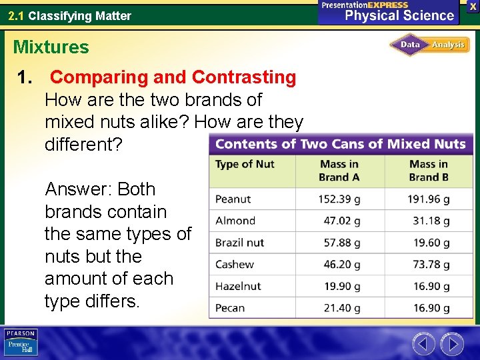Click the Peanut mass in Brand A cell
[338, 199]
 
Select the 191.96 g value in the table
[428, 199]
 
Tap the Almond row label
[235, 221]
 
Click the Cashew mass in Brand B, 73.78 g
[431, 265]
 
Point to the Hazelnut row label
[238, 286]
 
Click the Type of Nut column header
[245, 164]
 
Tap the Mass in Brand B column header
[429, 171]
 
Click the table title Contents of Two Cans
[340, 144]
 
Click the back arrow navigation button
[423, 344]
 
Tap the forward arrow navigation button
[452, 344]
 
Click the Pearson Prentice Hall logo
[21, 343]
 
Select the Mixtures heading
[51, 47]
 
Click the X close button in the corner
[473, 7]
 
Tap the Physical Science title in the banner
[399, 15]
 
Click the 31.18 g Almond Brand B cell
[431, 221]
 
